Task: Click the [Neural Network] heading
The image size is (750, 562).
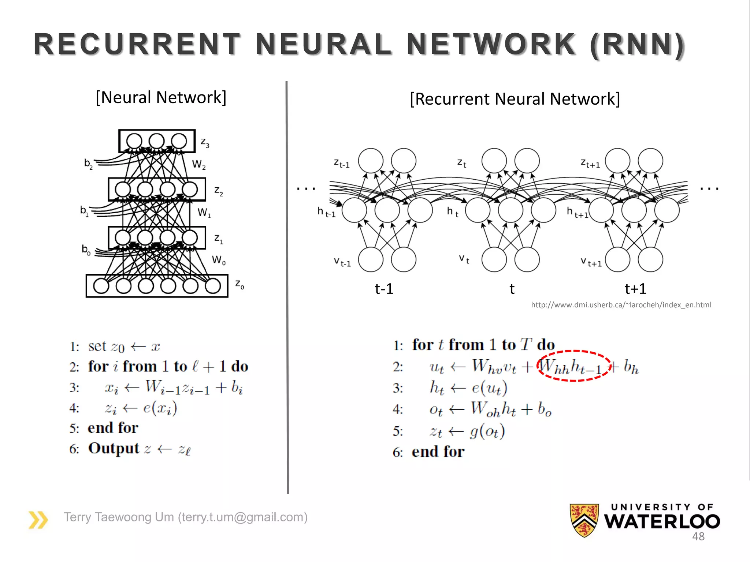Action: click(x=161, y=98)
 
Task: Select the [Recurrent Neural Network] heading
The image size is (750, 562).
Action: click(x=515, y=99)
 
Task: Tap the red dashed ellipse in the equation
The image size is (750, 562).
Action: click(x=573, y=352)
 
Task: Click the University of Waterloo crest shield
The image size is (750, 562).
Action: click(x=584, y=520)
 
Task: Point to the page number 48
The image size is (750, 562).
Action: click(x=698, y=536)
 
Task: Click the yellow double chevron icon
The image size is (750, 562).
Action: click(x=38, y=520)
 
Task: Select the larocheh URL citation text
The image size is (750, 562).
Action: click(x=621, y=305)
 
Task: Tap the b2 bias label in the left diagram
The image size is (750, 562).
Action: click(x=88, y=163)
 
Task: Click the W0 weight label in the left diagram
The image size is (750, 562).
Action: click(x=219, y=260)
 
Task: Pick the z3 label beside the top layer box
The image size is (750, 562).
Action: click(x=205, y=142)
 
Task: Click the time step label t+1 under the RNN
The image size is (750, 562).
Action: click(x=635, y=289)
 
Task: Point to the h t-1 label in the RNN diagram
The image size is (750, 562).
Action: click(x=326, y=212)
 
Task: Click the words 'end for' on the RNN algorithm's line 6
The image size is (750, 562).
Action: click(x=438, y=452)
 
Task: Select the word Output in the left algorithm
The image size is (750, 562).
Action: click(x=114, y=448)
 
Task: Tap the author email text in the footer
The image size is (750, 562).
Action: click(x=186, y=517)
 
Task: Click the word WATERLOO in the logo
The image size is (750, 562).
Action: click(x=662, y=521)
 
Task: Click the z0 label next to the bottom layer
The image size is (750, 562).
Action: click(x=240, y=284)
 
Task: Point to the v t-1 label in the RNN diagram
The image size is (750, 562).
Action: click(x=342, y=262)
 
